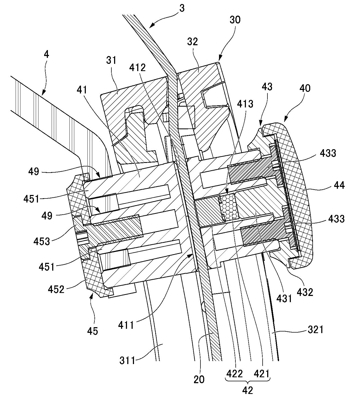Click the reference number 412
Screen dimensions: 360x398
pyautogui.click(x=137, y=68)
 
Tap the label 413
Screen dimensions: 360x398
pyautogui.click(x=245, y=104)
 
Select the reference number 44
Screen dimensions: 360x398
pyautogui.click(x=339, y=186)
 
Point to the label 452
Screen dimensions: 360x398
pyautogui.click(x=56, y=289)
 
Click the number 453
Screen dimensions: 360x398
pyautogui.click(x=42, y=242)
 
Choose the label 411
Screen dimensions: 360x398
pyautogui.click(x=126, y=325)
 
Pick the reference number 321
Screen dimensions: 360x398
pyautogui.click(x=315, y=330)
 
